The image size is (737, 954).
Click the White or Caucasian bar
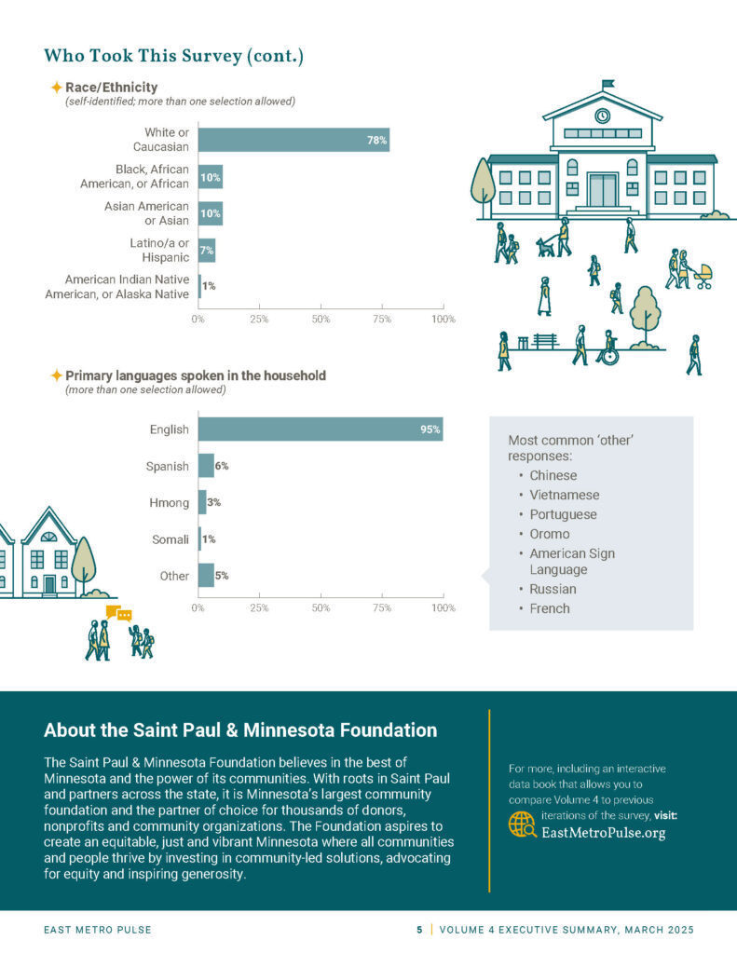[293, 140]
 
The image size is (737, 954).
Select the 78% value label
[376, 141]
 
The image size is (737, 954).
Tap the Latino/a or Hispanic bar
[207, 251]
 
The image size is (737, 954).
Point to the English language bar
[320, 429]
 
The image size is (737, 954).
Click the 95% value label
[430, 429]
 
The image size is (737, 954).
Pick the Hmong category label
[170, 503]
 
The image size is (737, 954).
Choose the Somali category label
[171, 539]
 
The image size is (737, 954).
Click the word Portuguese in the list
[563, 514]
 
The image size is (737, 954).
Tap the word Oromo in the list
[550, 534]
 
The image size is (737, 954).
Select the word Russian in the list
[553, 589]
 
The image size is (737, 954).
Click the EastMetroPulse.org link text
[604, 833]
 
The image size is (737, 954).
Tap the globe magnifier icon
[522, 825]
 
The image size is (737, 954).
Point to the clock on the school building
[602, 116]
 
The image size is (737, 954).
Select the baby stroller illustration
[703, 276]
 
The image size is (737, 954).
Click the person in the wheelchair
[607, 348]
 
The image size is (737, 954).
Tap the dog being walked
[544, 247]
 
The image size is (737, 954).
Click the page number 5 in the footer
[419, 930]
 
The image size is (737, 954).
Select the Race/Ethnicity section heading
[111, 88]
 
